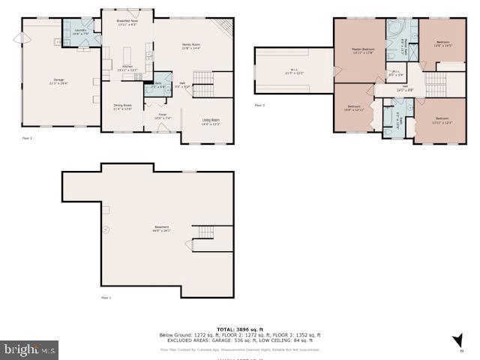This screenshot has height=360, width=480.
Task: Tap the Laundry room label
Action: coord(79,31)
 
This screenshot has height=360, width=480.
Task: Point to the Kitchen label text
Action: coord(127,67)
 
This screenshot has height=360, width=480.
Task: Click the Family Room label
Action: coord(191,46)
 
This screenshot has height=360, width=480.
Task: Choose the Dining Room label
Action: coord(122,106)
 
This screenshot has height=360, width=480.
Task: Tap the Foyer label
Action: coord(163,116)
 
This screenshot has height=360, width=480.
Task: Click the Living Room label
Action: coord(211,121)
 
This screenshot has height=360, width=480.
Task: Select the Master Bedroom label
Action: coord(363,50)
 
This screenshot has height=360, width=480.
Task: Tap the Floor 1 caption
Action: coord(106,298)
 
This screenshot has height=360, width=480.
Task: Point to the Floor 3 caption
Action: coord(259,106)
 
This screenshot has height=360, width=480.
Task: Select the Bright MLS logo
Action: coord(30,349)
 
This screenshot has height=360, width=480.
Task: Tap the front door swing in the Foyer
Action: coord(163,128)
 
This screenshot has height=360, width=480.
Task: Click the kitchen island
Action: coord(127,55)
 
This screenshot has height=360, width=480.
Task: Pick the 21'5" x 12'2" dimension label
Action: coord(294,73)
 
